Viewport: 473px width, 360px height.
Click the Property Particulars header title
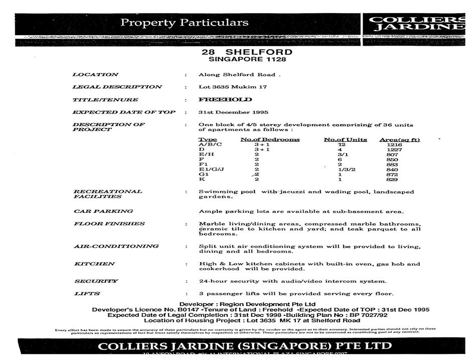pyautogui.click(x=185, y=23)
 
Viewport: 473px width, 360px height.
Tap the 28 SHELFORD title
pyautogui.click(x=247, y=52)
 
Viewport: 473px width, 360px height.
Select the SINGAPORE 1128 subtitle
pyautogui.click(x=247, y=59)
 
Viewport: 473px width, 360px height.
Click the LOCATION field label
pyautogui.click(x=95, y=75)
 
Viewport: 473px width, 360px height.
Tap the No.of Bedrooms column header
pyautogui.click(x=270, y=140)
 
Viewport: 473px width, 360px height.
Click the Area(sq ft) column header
pyautogui.click(x=399, y=140)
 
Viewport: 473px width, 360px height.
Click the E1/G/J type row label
pyautogui.click(x=211, y=169)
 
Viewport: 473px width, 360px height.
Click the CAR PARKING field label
pyautogui.click(x=103, y=211)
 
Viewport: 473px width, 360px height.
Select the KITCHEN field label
pyautogui.click(x=94, y=264)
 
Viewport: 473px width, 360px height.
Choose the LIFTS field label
pyautogui.click(x=87, y=294)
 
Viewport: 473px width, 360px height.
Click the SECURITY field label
pyautogui.click(x=96, y=281)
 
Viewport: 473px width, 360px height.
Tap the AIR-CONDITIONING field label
pyautogui.click(x=116, y=247)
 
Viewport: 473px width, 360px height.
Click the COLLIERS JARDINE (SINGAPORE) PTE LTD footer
pyautogui.click(x=245, y=346)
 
